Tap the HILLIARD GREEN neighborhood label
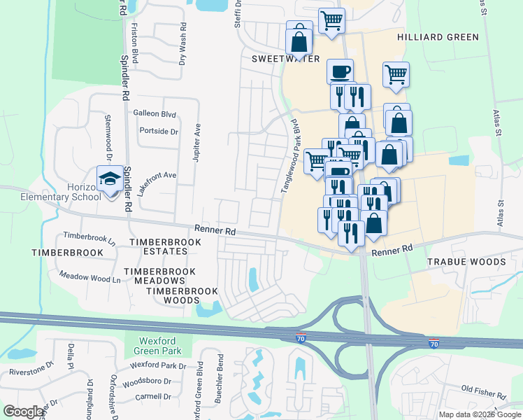point(438,37)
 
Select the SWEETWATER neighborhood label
point(285,59)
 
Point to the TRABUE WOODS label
point(466,262)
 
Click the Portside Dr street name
point(159,131)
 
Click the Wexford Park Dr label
point(158,366)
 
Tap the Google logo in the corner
point(23,412)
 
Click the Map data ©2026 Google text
point(480,414)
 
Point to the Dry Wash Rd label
point(182,49)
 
